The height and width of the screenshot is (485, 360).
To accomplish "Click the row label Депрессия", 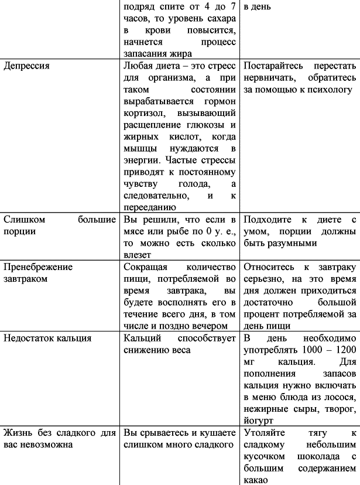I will (26, 66).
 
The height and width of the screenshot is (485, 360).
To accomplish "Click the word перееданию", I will (149, 207).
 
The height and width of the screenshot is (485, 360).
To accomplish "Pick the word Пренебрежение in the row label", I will (38, 267).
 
